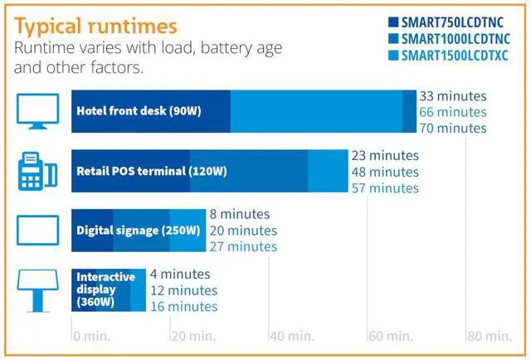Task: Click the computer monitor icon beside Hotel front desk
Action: click(x=37, y=111)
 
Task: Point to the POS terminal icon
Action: click(x=37, y=172)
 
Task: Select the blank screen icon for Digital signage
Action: click(x=37, y=229)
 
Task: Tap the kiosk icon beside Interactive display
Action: click(x=37, y=287)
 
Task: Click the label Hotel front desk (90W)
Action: click(x=139, y=111)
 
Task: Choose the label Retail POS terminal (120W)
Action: click(x=151, y=172)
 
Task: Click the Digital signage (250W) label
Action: click(x=138, y=230)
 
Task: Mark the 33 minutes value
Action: click(x=452, y=96)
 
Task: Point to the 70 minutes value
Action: click(x=452, y=128)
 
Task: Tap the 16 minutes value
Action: click(x=183, y=307)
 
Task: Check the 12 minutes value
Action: click(x=183, y=290)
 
